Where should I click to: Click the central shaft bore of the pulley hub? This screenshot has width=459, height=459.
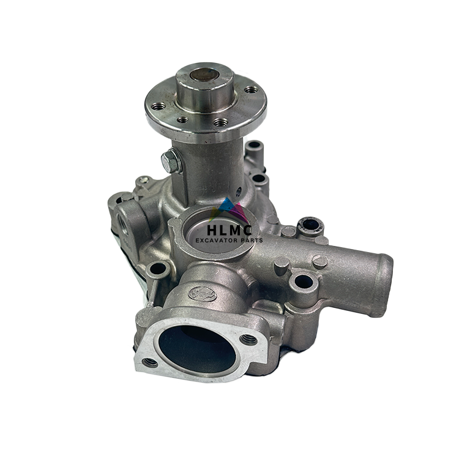tap(203, 75)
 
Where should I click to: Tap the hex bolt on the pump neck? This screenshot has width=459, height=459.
tap(170, 160)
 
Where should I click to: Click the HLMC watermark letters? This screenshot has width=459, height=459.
tap(229, 230)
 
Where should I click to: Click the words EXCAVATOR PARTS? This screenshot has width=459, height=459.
tap(229, 241)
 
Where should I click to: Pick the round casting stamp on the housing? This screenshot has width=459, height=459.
tap(203, 294)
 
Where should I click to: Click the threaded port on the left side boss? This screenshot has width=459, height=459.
tap(122, 225)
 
